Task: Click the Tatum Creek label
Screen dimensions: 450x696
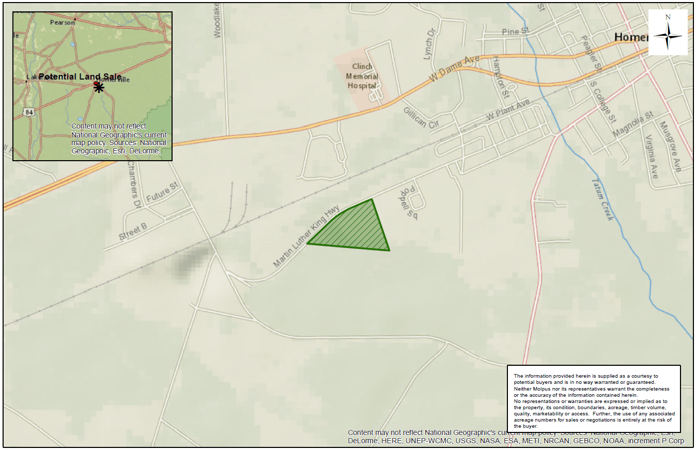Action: pos(602,199)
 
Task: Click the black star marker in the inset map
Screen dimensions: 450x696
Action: pos(99,87)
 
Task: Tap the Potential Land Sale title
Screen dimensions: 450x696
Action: pos(80,76)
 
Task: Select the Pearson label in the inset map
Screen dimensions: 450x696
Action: pos(63,22)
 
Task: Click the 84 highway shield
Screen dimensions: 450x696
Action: pos(28,112)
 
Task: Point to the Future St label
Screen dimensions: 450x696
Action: pos(162,192)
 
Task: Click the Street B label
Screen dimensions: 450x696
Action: pos(133,232)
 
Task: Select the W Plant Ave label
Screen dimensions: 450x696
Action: pos(508,111)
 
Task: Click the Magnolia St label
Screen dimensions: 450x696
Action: pos(633,125)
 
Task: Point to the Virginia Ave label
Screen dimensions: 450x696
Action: pos(651,157)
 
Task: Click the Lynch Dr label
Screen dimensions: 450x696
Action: pos(428,43)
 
